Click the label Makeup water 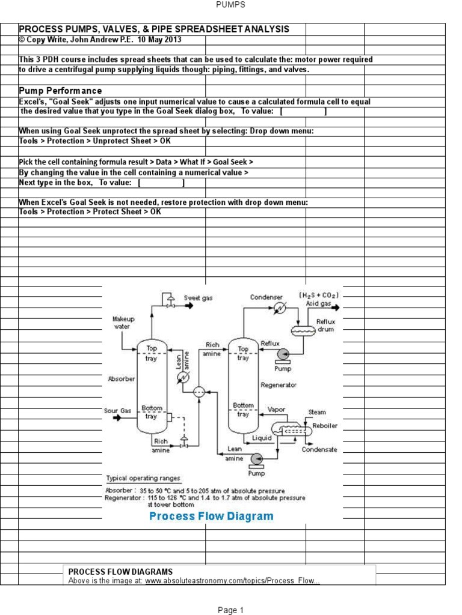pyautogui.click(x=123, y=323)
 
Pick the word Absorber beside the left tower pyautogui.click(x=122, y=379)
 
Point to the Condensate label pyautogui.click(x=319, y=449)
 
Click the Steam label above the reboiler pyautogui.click(x=317, y=412)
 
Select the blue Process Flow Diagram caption pyautogui.click(x=211, y=517)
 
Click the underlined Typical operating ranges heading pyautogui.click(x=143, y=479)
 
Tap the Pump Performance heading pyautogui.click(x=60, y=91)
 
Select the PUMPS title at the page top pyautogui.click(x=230, y=5)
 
